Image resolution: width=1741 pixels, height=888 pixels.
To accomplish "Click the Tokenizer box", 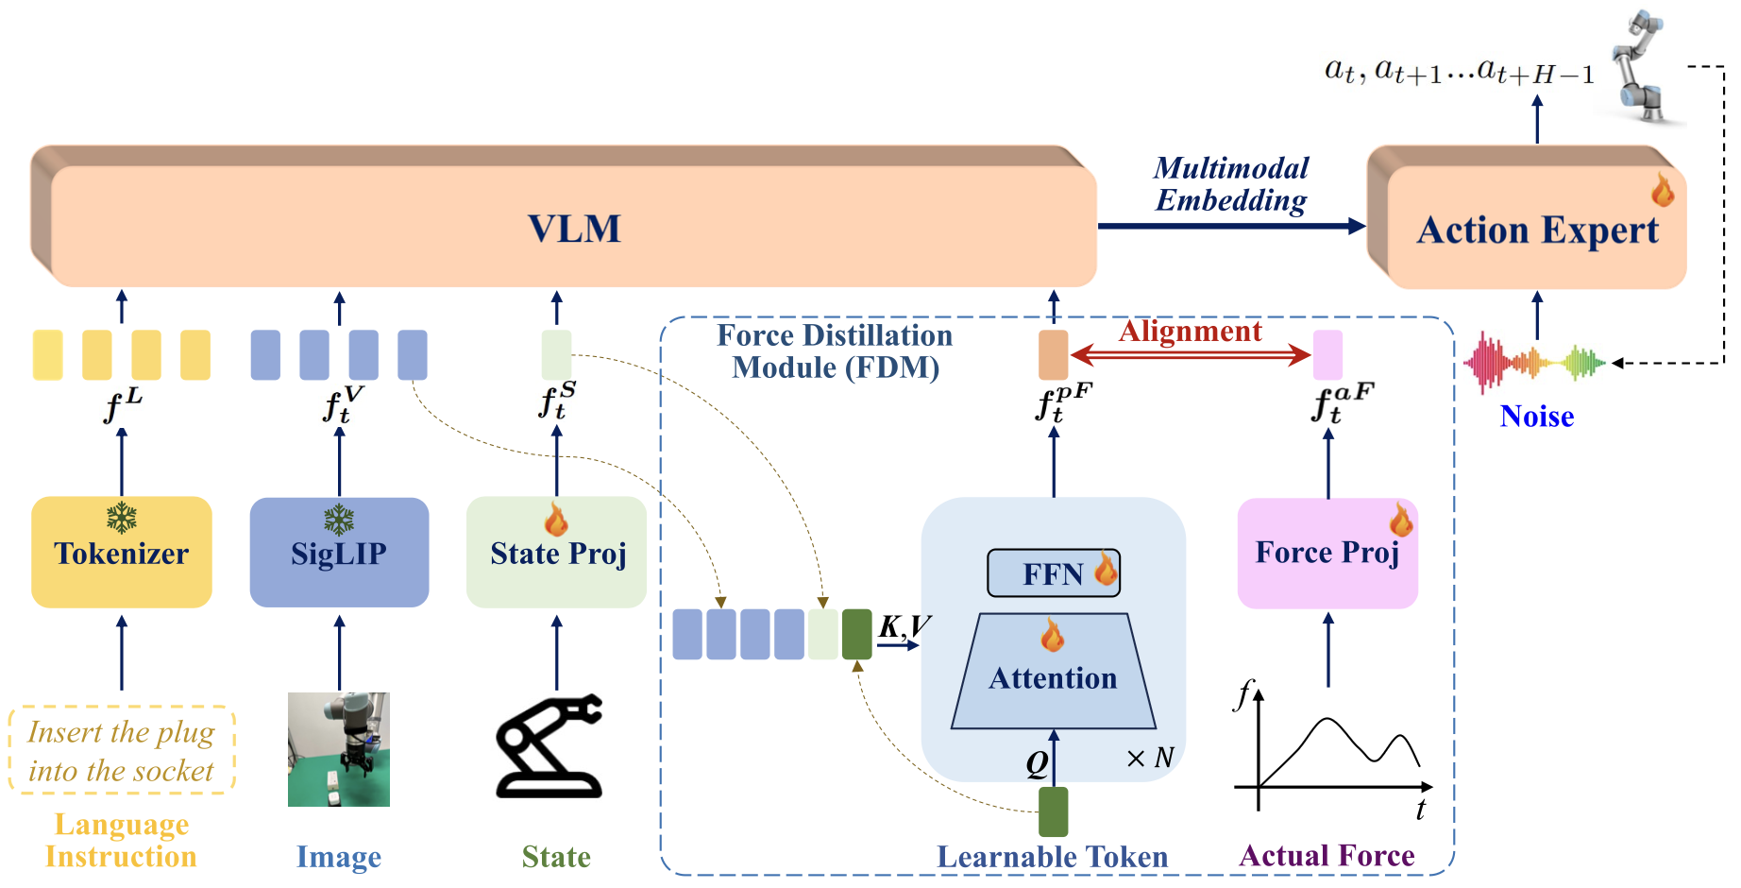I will pos(121,553).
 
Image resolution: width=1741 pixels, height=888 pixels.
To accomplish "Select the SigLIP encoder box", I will pos(339,553).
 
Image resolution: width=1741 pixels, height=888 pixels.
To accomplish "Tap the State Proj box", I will pos(556,553).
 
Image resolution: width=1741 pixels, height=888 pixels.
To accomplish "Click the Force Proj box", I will pos(1327,553).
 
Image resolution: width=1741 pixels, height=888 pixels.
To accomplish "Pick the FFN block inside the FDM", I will pos(1053,573).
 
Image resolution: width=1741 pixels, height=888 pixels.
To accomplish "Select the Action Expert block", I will pos(1536,230).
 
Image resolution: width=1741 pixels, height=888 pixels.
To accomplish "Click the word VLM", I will pos(573,229).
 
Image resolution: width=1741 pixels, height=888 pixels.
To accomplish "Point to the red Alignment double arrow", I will pos(1190,355).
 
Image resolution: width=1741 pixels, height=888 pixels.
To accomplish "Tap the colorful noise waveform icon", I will pos(1534,362).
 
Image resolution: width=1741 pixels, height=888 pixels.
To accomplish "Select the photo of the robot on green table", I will pos(338,749).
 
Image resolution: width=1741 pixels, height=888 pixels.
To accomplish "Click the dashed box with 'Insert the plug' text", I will pos(121,750).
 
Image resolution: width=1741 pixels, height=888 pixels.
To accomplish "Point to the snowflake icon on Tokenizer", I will pos(121,518).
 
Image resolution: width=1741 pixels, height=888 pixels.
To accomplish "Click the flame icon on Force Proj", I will pos(1400,520).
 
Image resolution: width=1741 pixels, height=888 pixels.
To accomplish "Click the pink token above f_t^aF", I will pos(1327,355).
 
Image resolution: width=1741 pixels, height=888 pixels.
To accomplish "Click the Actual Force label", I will pos(1327,856).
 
